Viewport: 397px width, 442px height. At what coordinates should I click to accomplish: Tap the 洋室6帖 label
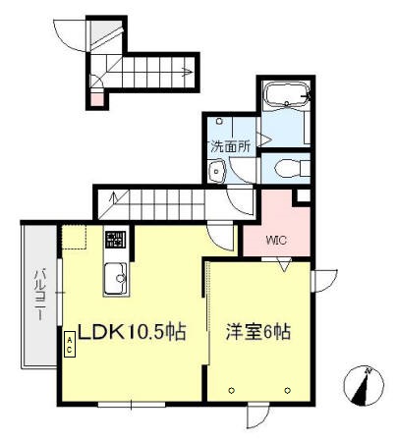point(258,332)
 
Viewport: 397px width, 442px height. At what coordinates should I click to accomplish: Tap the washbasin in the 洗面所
point(217,172)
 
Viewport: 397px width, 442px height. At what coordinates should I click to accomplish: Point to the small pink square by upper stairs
point(95,98)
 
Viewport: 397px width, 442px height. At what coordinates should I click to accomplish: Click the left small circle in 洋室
point(232,390)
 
